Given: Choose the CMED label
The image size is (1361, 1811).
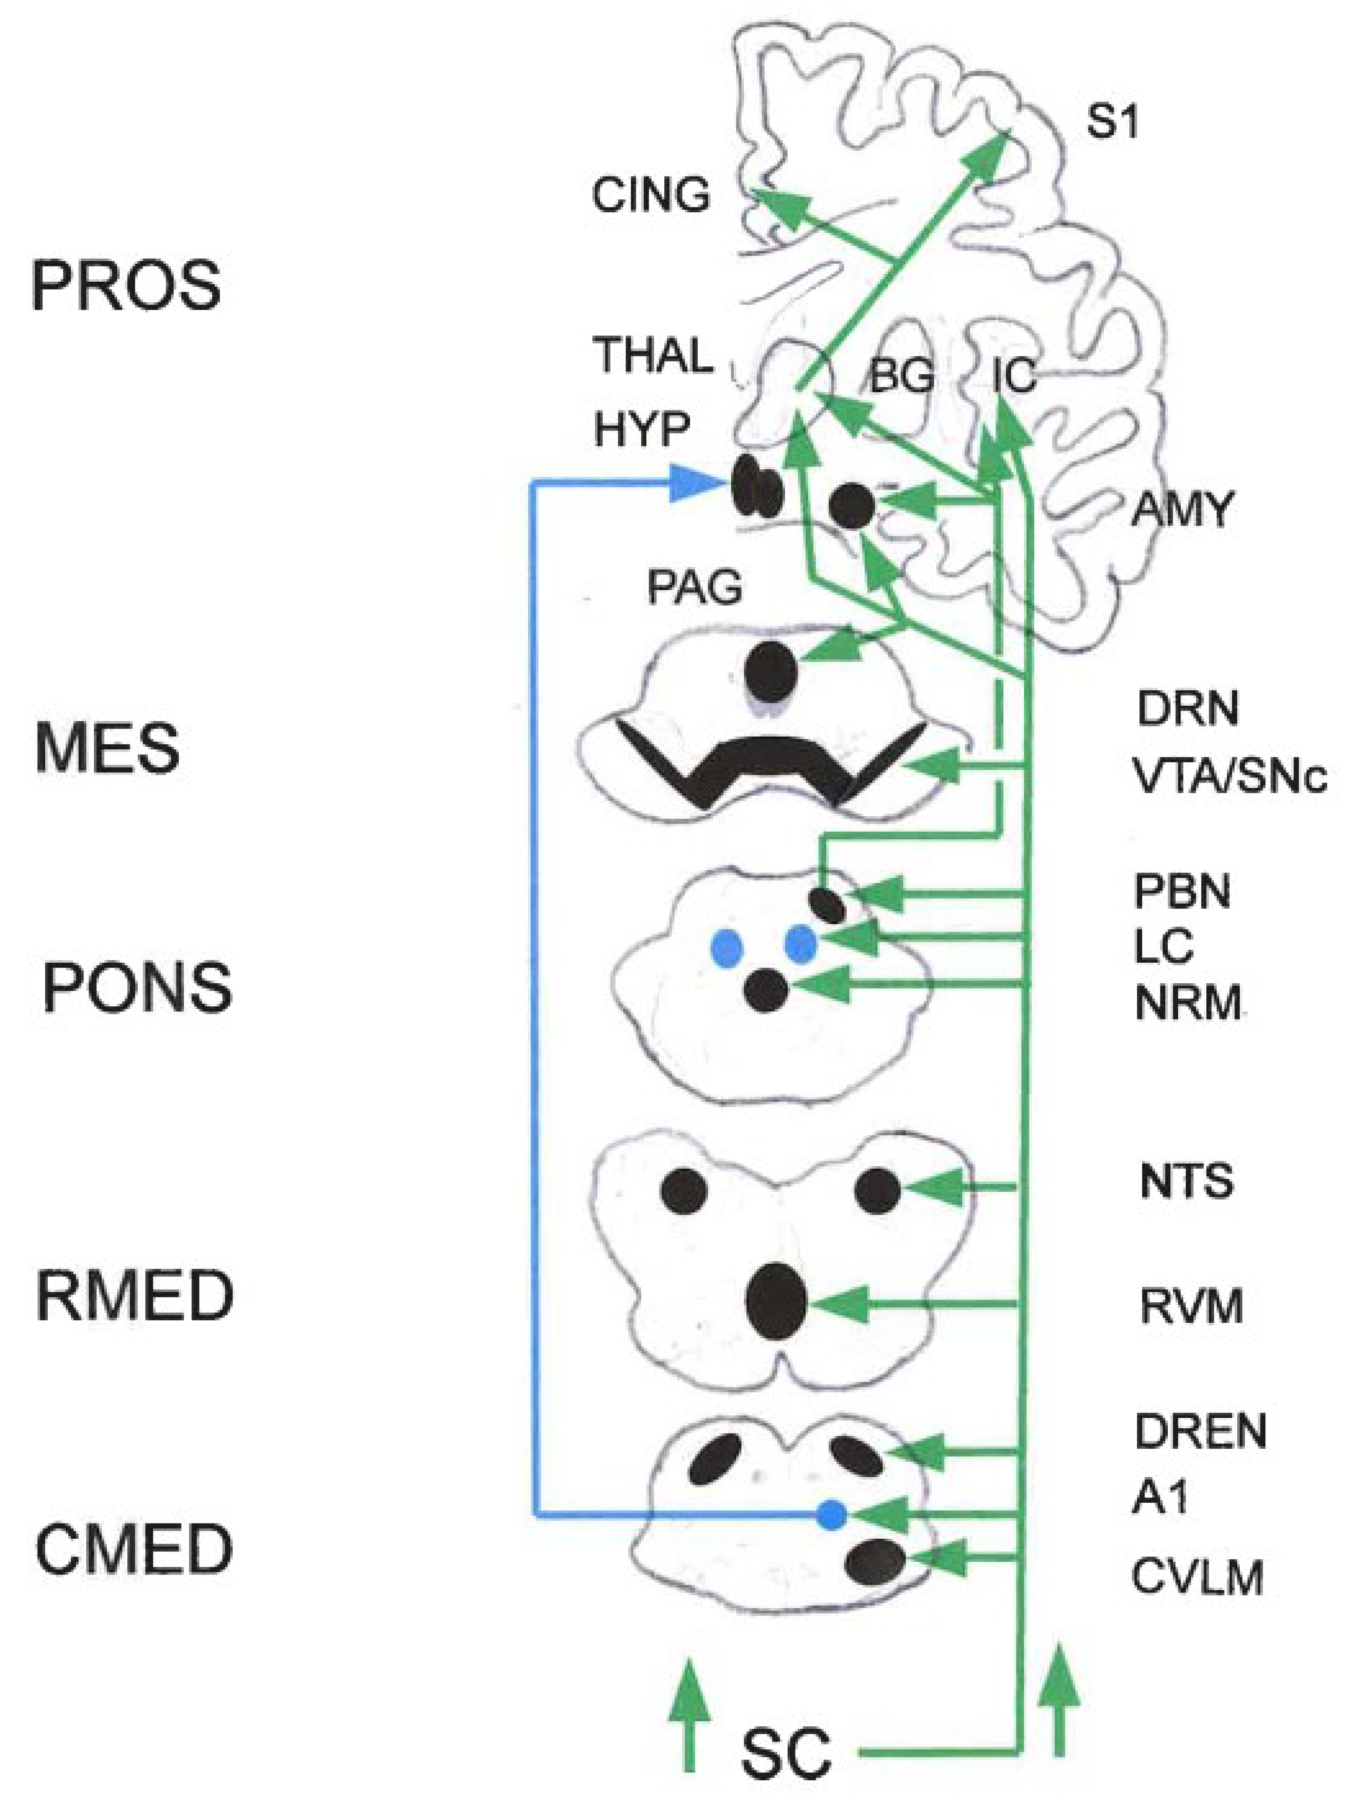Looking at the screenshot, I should click(x=134, y=1548).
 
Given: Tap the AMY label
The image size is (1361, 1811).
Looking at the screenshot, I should click(x=1181, y=510).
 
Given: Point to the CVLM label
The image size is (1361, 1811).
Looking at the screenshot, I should click(x=1197, y=1577).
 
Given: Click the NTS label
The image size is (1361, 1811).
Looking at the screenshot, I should click(x=1186, y=1181).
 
